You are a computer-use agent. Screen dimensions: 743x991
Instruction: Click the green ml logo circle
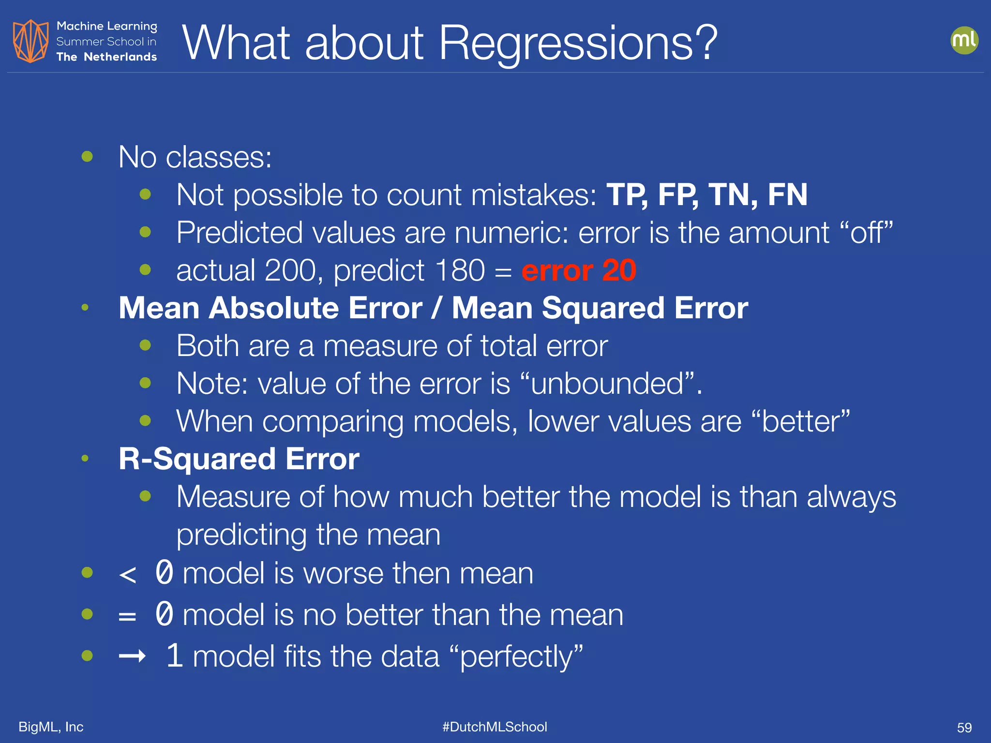(964, 40)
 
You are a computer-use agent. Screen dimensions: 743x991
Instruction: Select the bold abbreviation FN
(787, 194)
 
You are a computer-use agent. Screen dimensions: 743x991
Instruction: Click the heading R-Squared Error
(239, 459)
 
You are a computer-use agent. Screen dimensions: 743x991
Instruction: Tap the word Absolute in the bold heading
(315, 308)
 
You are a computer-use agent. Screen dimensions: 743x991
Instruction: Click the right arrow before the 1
(132, 656)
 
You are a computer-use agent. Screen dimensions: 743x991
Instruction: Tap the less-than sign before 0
(127, 575)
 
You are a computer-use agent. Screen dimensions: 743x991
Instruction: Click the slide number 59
(964, 728)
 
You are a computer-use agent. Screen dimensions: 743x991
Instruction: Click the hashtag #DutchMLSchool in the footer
(495, 727)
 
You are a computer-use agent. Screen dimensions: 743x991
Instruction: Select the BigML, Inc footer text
(51, 727)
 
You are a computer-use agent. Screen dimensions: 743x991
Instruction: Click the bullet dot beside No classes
(87, 156)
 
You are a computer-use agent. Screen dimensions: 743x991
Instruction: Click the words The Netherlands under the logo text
(106, 57)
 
